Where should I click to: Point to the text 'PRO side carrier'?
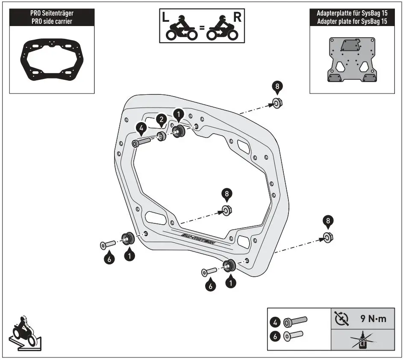[x=51, y=22]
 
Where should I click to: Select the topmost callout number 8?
[x=277, y=87]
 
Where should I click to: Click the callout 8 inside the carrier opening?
[x=227, y=194]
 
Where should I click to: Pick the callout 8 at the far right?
[x=328, y=221]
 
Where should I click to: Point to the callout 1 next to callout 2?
[x=178, y=114]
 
